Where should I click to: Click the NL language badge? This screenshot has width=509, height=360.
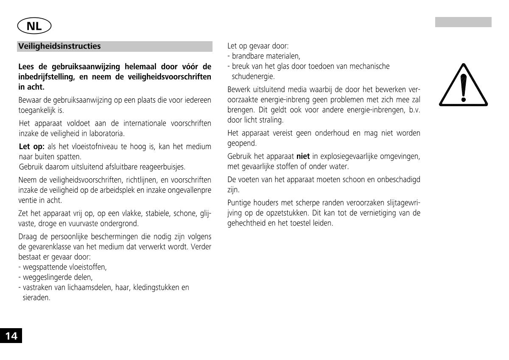pos(34,26)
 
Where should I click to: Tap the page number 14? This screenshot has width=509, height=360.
pos(11,336)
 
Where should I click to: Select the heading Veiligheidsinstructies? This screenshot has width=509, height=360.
pos(60,46)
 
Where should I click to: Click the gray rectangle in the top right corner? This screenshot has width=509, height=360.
pos(463,22)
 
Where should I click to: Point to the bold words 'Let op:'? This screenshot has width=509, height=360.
pos(32,147)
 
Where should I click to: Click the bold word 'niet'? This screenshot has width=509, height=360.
pos(303,156)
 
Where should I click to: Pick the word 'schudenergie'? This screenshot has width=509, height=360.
pos(253,76)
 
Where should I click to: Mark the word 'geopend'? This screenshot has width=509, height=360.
pos(242,143)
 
